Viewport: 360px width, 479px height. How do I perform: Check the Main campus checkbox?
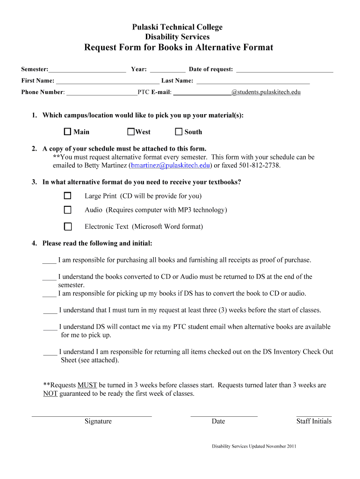click(68, 132)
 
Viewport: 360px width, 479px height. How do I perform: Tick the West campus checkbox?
click(131, 132)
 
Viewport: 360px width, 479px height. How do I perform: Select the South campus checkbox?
click(179, 132)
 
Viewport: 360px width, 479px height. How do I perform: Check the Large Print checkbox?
click(68, 196)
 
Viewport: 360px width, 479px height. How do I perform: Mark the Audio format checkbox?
click(68, 210)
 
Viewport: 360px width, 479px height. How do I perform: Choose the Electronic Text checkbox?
click(68, 226)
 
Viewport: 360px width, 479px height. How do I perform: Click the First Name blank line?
click(107, 81)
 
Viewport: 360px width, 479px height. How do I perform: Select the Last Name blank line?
click(252, 81)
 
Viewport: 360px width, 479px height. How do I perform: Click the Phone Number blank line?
click(101, 92)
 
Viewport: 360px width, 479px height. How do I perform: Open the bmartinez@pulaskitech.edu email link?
click(171, 166)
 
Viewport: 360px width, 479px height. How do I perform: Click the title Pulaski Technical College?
click(177, 27)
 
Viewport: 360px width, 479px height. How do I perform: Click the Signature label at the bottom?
click(98, 421)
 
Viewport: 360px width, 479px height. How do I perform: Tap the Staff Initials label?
click(314, 421)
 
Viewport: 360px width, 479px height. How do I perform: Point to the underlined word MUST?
click(87, 385)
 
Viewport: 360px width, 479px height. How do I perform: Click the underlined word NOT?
click(50, 394)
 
